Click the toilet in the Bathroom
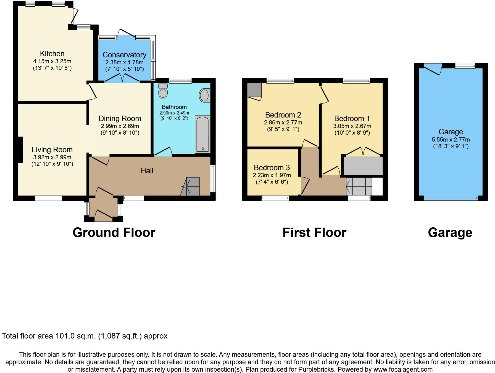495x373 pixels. click(163, 91)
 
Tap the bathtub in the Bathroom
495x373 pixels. click(202, 134)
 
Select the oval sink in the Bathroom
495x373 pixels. click(204, 95)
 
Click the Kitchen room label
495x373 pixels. click(52, 54)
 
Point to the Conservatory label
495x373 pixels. click(124, 55)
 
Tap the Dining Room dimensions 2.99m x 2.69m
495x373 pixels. click(120, 126)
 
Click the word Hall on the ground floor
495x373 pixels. click(147, 170)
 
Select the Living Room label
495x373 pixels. click(52, 150)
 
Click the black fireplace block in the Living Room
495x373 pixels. click(20, 150)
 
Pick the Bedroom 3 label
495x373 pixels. click(272, 167)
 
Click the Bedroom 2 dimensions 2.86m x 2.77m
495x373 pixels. click(283, 122)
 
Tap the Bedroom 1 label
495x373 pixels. click(352, 118)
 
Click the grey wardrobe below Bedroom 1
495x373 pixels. click(363, 166)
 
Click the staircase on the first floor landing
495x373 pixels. click(359, 186)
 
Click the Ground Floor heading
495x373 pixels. click(114, 233)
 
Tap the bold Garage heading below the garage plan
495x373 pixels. click(450, 233)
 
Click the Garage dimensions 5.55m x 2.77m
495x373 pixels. click(451, 140)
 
